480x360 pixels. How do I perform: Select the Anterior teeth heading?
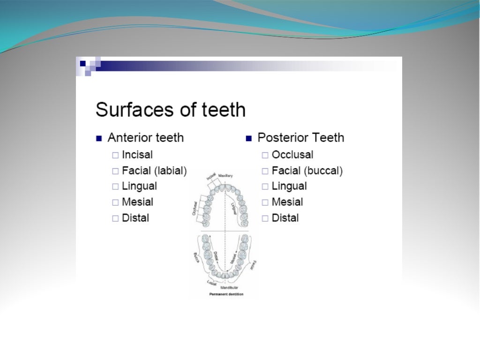(145, 138)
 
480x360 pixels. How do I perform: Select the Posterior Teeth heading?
(300, 138)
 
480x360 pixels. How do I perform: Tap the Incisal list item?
(137, 154)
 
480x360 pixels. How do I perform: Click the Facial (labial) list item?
(154, 171)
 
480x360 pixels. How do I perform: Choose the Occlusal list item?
(292, 154)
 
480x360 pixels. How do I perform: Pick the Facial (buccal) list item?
(307, 171)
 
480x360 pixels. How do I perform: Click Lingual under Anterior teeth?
(139, 186)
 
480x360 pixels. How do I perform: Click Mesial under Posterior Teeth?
(287, 202)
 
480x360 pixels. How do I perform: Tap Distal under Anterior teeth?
(135, 218)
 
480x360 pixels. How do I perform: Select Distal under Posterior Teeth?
(285, 218)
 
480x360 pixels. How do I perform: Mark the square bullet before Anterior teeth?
(99, 138)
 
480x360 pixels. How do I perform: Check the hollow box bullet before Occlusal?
(265, 155)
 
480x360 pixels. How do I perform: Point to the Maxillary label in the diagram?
(225, 175)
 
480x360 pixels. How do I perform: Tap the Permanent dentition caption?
(226, 294)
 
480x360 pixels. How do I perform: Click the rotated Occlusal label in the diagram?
(194, 208)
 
